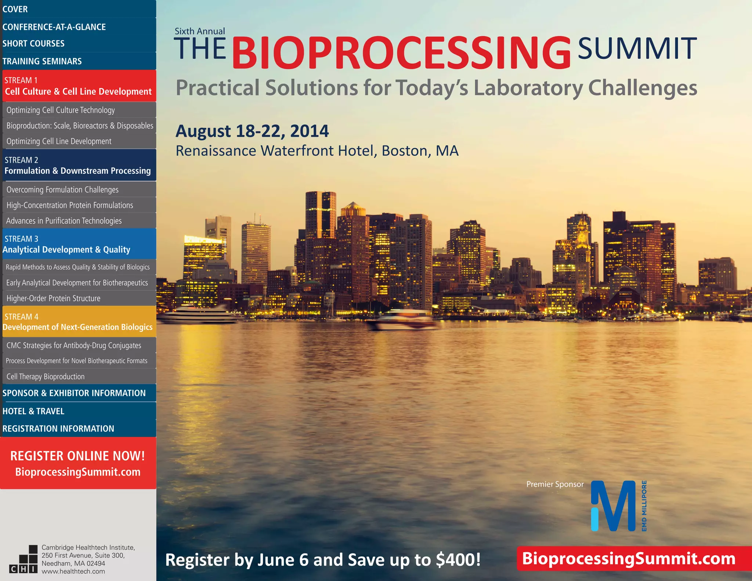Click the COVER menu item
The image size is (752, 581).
[15, 9]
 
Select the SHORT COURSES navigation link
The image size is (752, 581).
[33, 43]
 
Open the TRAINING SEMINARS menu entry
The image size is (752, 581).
[42, 61]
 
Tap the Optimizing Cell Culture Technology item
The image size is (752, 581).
[61, 110]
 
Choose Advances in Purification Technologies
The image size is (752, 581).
[64, 221]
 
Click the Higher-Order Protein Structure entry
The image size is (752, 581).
[53, 298]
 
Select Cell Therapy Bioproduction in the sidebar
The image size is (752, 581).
[46, 376]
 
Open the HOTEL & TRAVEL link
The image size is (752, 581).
[33, 411]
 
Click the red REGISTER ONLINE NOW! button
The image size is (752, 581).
[78, 463]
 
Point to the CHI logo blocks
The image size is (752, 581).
[23, 559]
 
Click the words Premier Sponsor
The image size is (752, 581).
[555, 484]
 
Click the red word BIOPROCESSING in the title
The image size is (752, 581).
[401, 52]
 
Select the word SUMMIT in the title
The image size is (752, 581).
[637, 48]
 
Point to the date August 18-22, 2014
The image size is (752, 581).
[252, 131]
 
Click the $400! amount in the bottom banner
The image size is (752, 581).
[458, 560]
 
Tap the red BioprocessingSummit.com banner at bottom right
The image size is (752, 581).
[629, 558]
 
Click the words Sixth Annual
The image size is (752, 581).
[200, 31]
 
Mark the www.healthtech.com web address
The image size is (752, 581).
[73, 571]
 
